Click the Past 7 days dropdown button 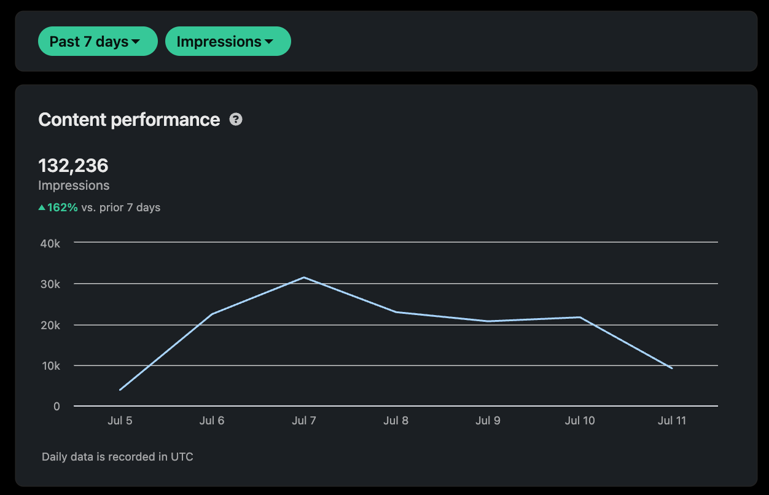pos(98,42)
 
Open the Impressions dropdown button pos(228,42)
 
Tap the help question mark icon pos(236,119)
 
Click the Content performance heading pos(129,120)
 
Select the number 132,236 pos(73,166)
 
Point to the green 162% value pos(62,208)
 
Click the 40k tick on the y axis pos(50,243)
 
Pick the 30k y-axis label pos(50,284)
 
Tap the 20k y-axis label pos(50,325)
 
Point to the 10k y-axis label pos(50,366)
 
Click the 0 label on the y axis pos(57,407)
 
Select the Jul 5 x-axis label pos(120,421)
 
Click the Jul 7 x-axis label pos(304,421)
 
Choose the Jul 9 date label pos(488,421)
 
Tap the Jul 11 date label pos(671,421)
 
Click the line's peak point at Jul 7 pos(304,278)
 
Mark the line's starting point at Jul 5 pos(120,390)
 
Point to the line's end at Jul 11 pos(672,368)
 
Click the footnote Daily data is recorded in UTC pos(117,457)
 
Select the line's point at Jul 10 pos(580,317)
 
